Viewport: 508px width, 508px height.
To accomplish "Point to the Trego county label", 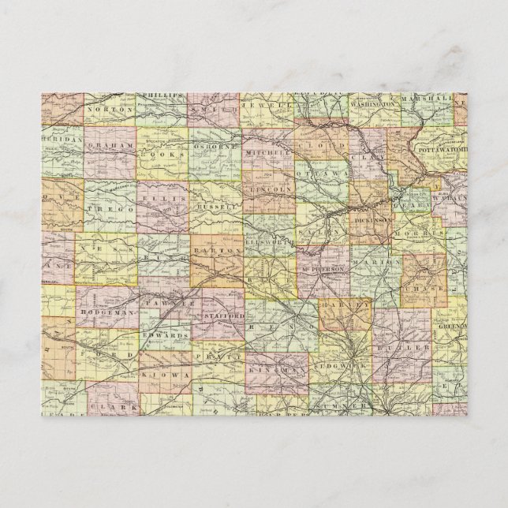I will [112, 207].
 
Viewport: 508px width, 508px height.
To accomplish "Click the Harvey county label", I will [344, 304].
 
